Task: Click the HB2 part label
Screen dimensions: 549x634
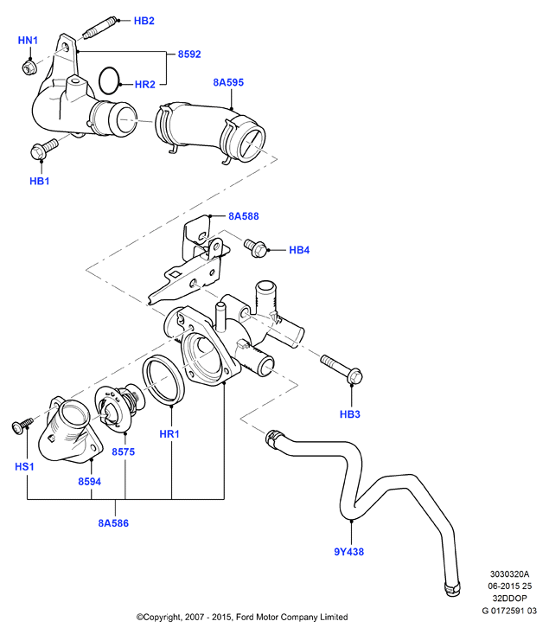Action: click(x=144, y=21)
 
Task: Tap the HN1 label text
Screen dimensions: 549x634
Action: click(x=28, y=41)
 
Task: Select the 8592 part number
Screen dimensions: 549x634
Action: click(x=189, y=54)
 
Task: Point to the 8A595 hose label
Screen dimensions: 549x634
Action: click(x=228, y=82)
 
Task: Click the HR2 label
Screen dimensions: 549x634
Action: click(x=144, y=85)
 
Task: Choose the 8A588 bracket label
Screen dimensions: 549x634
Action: click(x=243, y=216)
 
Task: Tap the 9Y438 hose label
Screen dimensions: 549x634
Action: click(x=349, y=552)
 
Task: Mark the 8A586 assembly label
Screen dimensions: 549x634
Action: click(x=113, y=523)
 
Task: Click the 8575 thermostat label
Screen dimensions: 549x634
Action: click(x=124, y=451)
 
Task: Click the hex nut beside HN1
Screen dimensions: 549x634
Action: click(x=29, y=67)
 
